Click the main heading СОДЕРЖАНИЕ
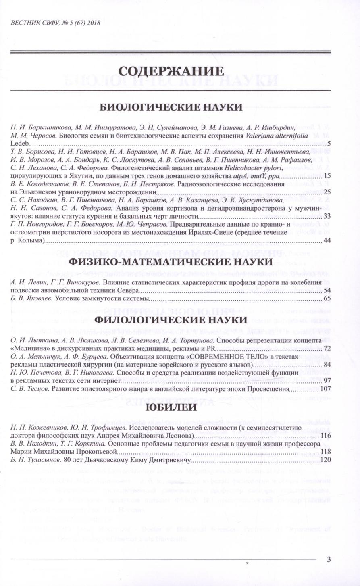(171, 71)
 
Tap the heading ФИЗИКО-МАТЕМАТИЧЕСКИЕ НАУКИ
(171, 262)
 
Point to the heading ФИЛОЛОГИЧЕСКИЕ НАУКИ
(171, 320)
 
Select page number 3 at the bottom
(329, 559)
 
